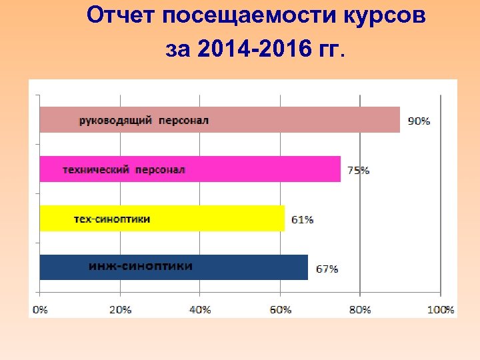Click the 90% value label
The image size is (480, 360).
pos(419,121)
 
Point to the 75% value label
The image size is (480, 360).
pos(359,170)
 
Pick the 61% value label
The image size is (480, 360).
pos(303,219)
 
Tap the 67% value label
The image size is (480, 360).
pos(327,269)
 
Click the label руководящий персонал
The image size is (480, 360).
pos(144,121)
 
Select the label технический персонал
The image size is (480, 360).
pos(124,169)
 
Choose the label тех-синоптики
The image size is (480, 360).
pos(111,219)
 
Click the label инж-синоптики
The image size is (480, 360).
pos(141,266)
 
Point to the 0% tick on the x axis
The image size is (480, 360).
pos(40,309)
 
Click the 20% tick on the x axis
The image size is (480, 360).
pos(120,309)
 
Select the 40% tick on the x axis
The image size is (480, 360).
pos(200,309)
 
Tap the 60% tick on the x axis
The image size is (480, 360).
pos(280,309)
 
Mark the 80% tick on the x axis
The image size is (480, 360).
pos(360,309)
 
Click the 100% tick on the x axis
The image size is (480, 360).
pos(440,309)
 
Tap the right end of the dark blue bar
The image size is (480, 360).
pos(307,267)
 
